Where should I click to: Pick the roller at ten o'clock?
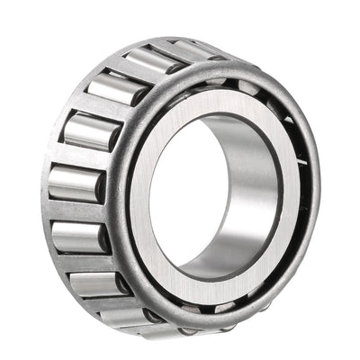91,131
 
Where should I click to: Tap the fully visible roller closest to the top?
155,61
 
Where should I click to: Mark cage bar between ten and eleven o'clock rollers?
103,108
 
